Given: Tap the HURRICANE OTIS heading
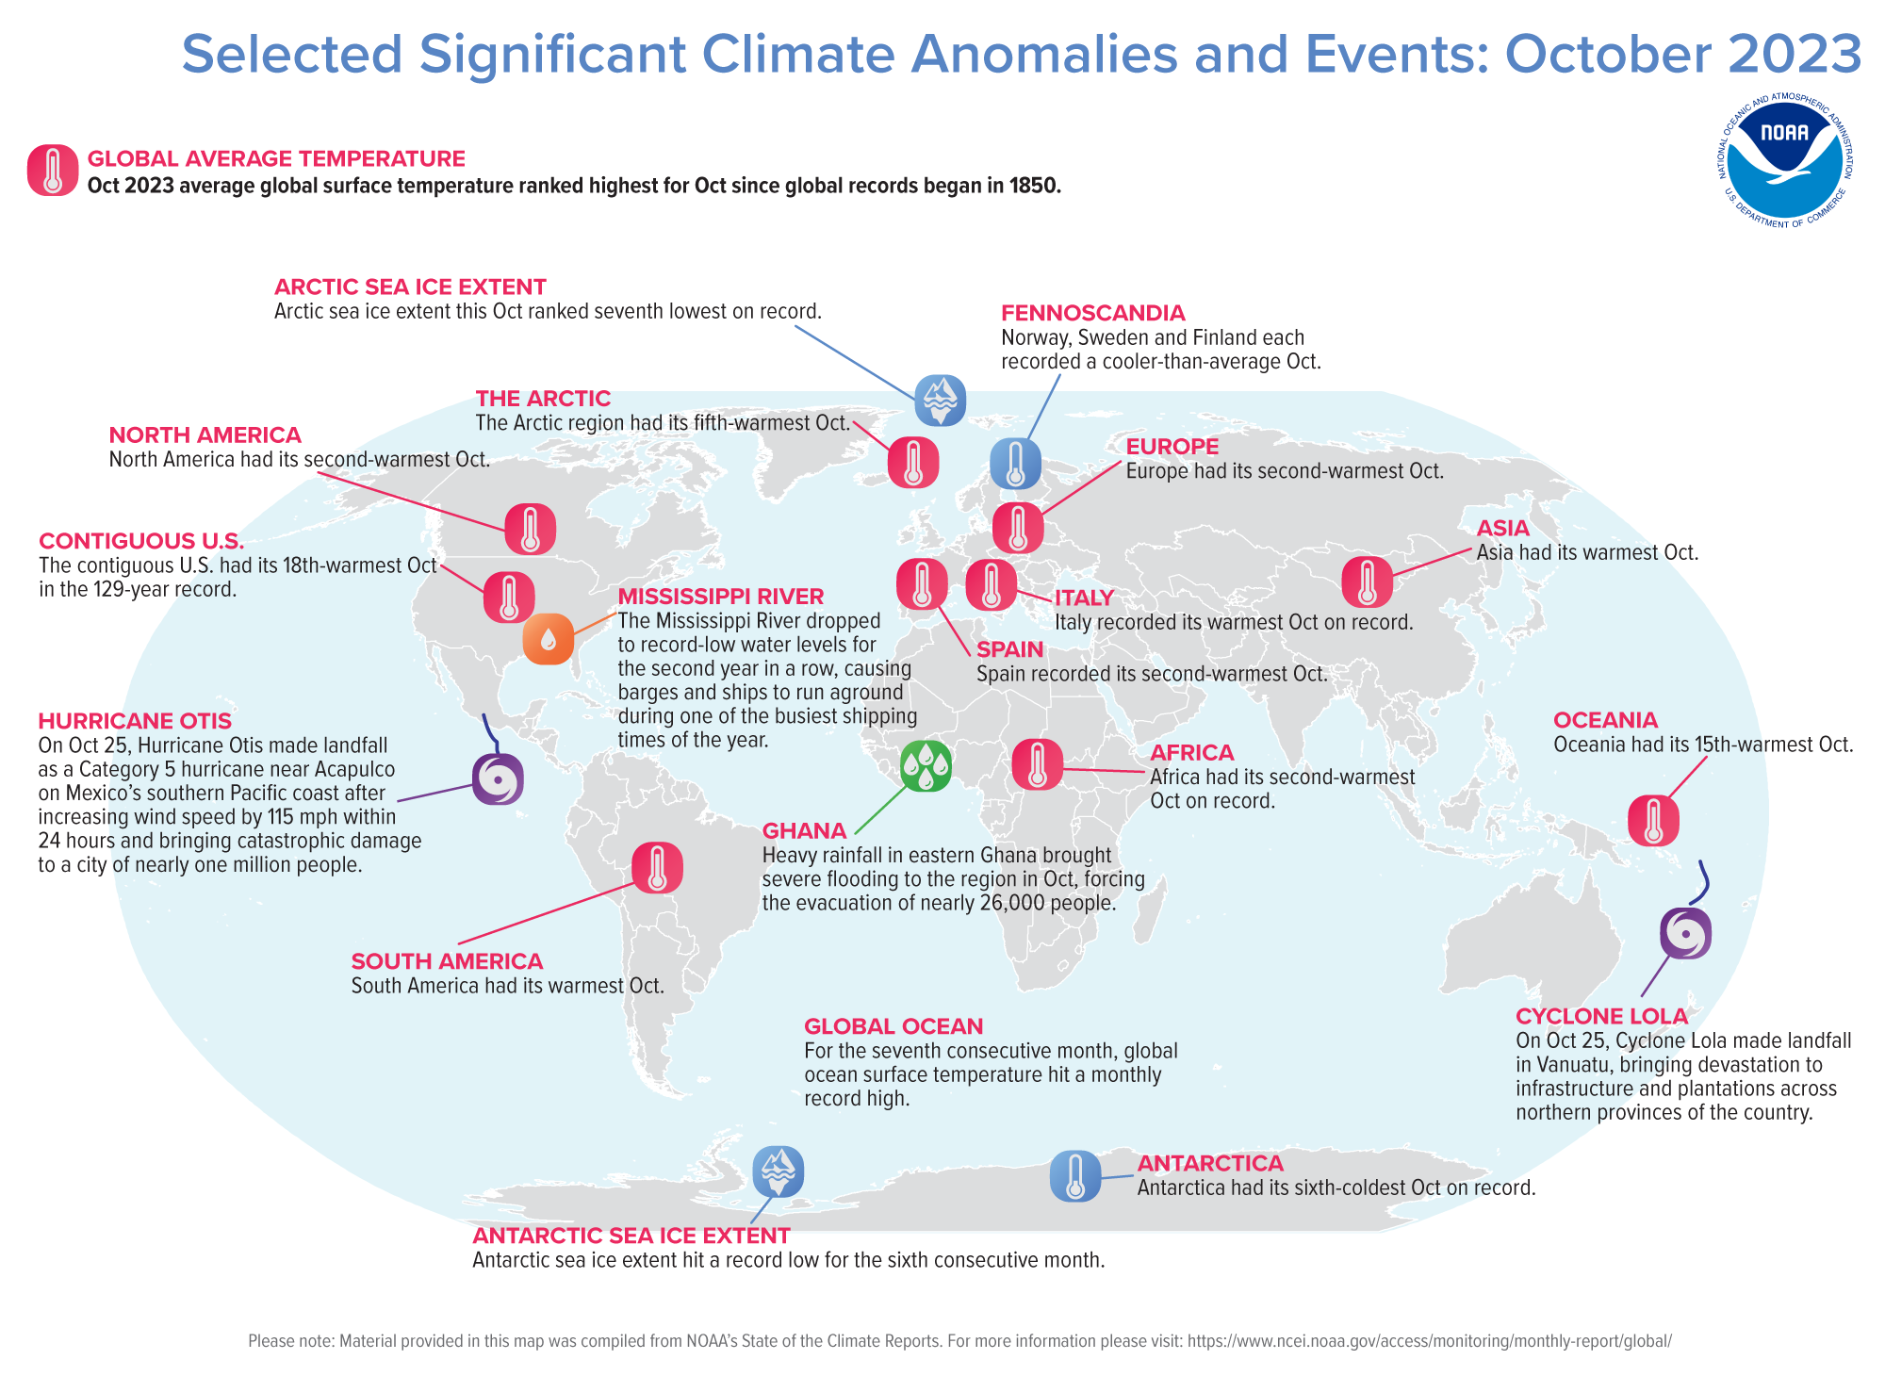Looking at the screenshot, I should pyautogui.click(x=135, y=721).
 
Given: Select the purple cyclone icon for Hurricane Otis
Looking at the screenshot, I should pyautogui.click(x=497, y=779).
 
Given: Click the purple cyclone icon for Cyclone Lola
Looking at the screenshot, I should pyautogui.click(x=1685, y=933).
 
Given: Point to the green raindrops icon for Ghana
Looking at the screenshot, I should pyautogui.click(x=926, y=765).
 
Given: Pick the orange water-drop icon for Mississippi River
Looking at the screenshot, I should pyautogui.click(x=548, y=639).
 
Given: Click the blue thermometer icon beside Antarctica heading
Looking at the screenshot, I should pyautogui.click(x=1075, y=1176).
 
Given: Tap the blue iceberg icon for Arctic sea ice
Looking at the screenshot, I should pyautogui.click(x=940, y=400).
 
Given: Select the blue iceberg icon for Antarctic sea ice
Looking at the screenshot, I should pyautogui.click(x=778, y=1171).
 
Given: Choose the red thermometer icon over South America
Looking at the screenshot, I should pyautogui.click(x=657, y=868).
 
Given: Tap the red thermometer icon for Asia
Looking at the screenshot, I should pyautogui.click(x=1367, y=582).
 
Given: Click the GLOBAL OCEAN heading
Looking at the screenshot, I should pyautogui.click(x=893, y=1026).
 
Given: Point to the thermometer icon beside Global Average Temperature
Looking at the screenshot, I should pyautogui.click(x=53, y=171).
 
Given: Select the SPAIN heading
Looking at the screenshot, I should pyautogui.click(x=1009, y=649).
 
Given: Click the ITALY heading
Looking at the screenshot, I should pyautogui.click(x=1084, y=598).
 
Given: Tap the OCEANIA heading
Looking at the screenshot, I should pyautogui.click(x=1605, y=720).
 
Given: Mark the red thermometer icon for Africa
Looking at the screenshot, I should pyautogui.click(x=1037, y=764).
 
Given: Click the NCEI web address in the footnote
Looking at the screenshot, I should pyautogui.click(x=1429, y=1340).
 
